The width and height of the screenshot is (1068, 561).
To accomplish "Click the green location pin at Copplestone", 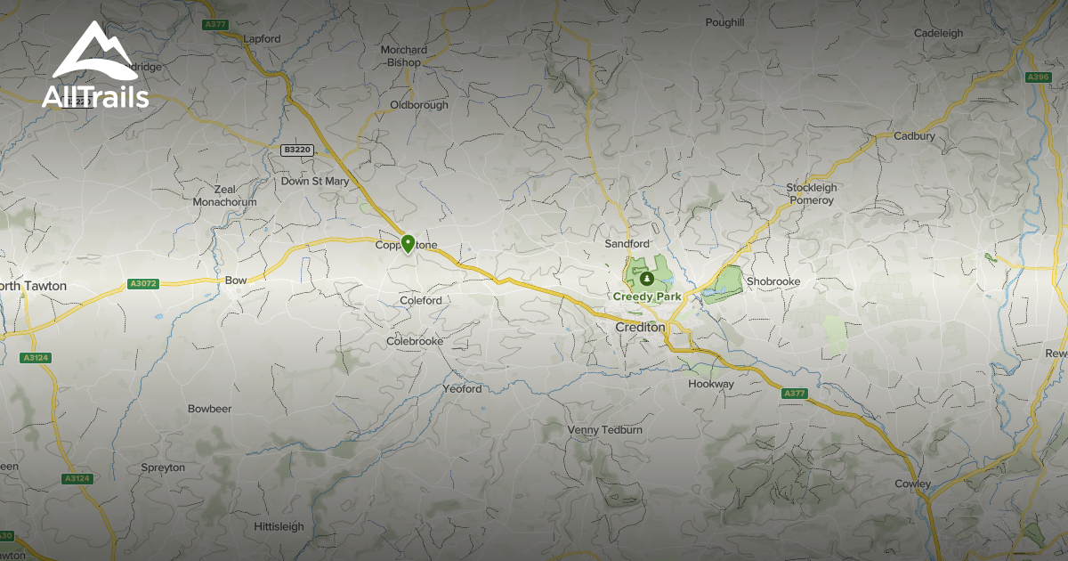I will (x=408, y=242).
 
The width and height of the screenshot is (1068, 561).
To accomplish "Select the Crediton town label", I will (x=640, y=328).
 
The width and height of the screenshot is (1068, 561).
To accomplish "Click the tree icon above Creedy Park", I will (x=647, y=279).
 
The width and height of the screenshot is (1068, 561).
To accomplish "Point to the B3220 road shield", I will (x=298, y=150).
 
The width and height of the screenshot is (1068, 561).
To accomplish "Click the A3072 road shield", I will (x=142, y=284).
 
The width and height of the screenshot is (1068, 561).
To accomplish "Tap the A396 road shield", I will (x=1038, y=77).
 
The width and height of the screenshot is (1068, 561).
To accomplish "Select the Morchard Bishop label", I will (x=404, y=56).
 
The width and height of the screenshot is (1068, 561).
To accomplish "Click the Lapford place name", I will (x=262, y=39).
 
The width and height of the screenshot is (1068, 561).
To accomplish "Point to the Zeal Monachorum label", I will (x=224, y=196).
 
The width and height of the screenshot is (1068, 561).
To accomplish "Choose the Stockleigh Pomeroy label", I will (x=812, y=194).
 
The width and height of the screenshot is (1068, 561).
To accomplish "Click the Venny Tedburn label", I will (x=605, y=430).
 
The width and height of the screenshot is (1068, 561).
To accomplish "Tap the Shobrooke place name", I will (x=773, y=281).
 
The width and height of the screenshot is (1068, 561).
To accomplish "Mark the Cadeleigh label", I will (x=938, y=34).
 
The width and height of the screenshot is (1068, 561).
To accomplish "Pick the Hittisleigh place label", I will (x=279, y=526).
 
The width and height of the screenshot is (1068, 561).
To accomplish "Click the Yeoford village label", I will (x=462, y=389).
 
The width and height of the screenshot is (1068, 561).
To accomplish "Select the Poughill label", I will (x=724, y=22).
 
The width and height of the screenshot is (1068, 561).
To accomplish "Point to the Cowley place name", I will (x=913, y=484).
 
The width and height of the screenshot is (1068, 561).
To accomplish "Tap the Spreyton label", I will (x=163, y=467).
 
